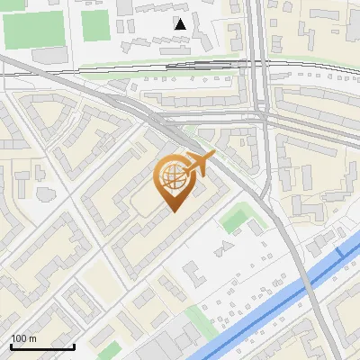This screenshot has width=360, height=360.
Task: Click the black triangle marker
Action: [181, 23]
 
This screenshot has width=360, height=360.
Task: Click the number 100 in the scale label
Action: [19, 339]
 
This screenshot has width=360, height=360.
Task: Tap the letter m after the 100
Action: [32, 339]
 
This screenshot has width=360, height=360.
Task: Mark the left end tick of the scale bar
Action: [11, 346]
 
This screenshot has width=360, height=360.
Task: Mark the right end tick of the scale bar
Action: [74, 346]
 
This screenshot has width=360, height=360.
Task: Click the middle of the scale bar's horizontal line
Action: [42, 347]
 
